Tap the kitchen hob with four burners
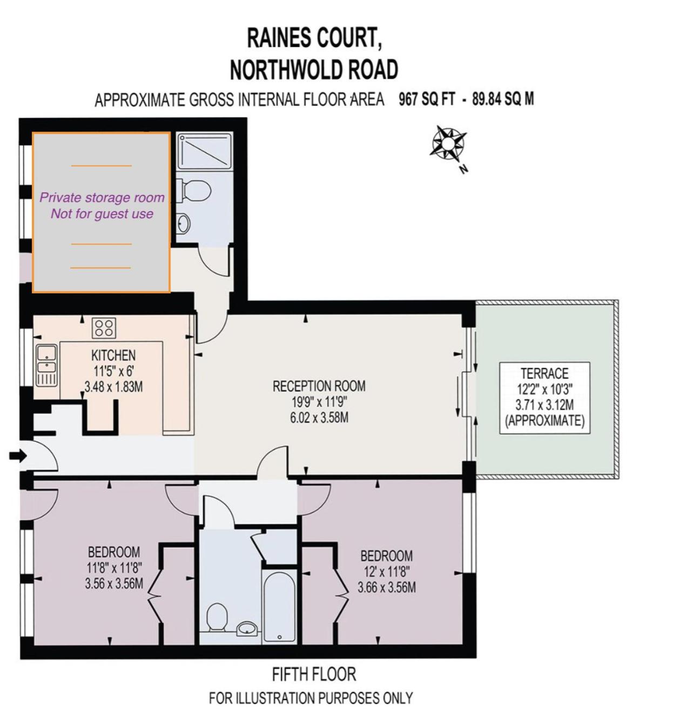click(104, 328)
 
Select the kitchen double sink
click(46, 365)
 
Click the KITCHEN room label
click(113, 355)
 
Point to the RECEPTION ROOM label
click(319, 386)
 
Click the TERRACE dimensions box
click(544, 398)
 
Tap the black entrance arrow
click(18, 455)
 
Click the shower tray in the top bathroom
click(204, 151)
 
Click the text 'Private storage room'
click(102, 198)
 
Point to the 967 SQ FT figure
click(426, 99)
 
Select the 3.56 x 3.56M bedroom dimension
click(114, 584)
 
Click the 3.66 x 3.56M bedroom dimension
click(387, 587)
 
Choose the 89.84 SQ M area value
click(503, 99)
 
